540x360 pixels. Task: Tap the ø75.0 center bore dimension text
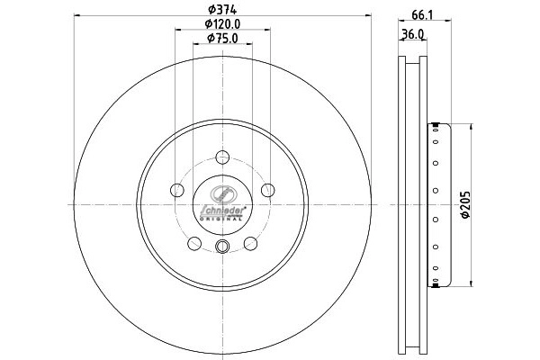[221, 38]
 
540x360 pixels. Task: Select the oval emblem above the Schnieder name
[222, 193]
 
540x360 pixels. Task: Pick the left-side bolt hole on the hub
[177, 190]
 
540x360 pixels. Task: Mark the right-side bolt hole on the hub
[267, 190]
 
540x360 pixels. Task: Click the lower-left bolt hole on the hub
[194, 243]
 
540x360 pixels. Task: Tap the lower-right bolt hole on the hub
[250, 243]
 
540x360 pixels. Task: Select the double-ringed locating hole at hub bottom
[222, 247]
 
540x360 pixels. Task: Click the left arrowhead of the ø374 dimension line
[78, 16]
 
